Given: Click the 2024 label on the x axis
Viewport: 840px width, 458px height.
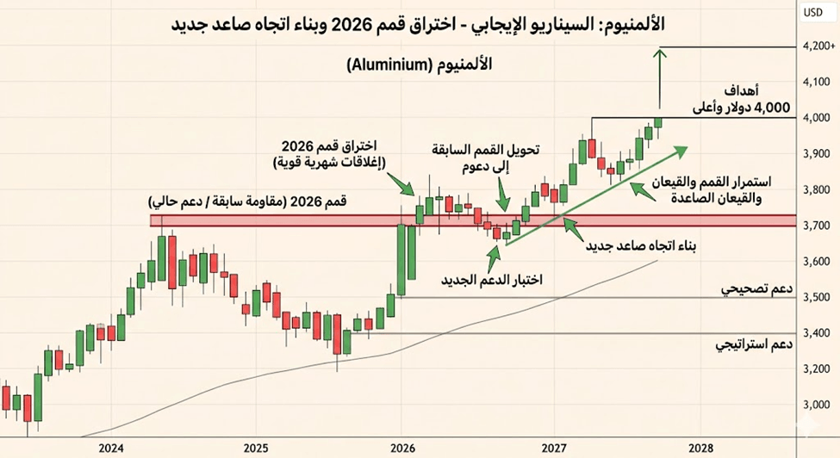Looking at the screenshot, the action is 111,448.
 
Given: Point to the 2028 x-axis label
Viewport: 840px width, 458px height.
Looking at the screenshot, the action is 700,448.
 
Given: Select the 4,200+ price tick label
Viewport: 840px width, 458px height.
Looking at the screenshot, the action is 819,46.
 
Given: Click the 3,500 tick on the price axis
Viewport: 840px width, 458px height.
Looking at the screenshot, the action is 817,298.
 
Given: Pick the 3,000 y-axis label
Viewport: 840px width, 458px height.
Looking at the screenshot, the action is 817,405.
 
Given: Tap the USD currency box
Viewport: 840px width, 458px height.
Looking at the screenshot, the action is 813,13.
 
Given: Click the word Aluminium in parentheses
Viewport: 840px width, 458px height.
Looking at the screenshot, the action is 385,65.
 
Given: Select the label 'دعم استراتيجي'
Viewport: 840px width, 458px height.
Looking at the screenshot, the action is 754,344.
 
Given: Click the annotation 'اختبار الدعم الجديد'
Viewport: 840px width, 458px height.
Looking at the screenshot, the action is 491,279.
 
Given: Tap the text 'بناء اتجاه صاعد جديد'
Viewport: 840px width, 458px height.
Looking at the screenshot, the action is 640,246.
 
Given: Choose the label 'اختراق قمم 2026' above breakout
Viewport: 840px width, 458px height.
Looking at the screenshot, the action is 329,145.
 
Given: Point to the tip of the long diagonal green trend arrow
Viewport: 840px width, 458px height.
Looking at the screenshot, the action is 687,146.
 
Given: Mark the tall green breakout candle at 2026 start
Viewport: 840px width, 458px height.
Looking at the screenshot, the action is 401,260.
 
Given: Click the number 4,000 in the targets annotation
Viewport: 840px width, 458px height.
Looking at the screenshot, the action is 771,108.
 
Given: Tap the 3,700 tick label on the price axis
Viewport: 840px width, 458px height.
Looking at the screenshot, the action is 817,226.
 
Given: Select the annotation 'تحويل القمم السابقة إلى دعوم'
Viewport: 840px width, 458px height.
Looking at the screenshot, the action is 486,158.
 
